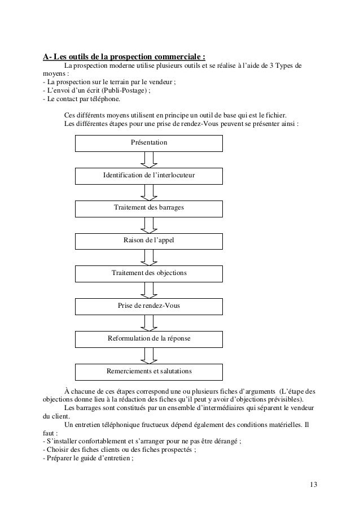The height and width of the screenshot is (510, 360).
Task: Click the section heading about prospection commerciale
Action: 124,57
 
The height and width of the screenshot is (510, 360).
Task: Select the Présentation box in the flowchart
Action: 149,143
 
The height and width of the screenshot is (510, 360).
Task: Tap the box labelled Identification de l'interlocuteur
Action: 149,176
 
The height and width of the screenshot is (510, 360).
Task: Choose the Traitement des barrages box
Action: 149,208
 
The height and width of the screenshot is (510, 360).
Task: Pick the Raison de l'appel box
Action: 149,241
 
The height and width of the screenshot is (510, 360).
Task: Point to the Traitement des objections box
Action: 149,273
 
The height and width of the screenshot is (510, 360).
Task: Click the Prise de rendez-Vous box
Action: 149,306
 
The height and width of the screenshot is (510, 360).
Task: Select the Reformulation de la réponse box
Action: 149,339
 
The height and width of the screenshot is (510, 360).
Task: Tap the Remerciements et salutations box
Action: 149,372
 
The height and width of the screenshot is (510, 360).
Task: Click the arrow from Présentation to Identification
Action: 149,160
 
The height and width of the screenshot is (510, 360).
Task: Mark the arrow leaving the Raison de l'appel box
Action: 149,257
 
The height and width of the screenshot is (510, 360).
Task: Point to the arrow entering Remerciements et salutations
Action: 149,355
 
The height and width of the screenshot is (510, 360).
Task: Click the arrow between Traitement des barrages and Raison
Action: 149,225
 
